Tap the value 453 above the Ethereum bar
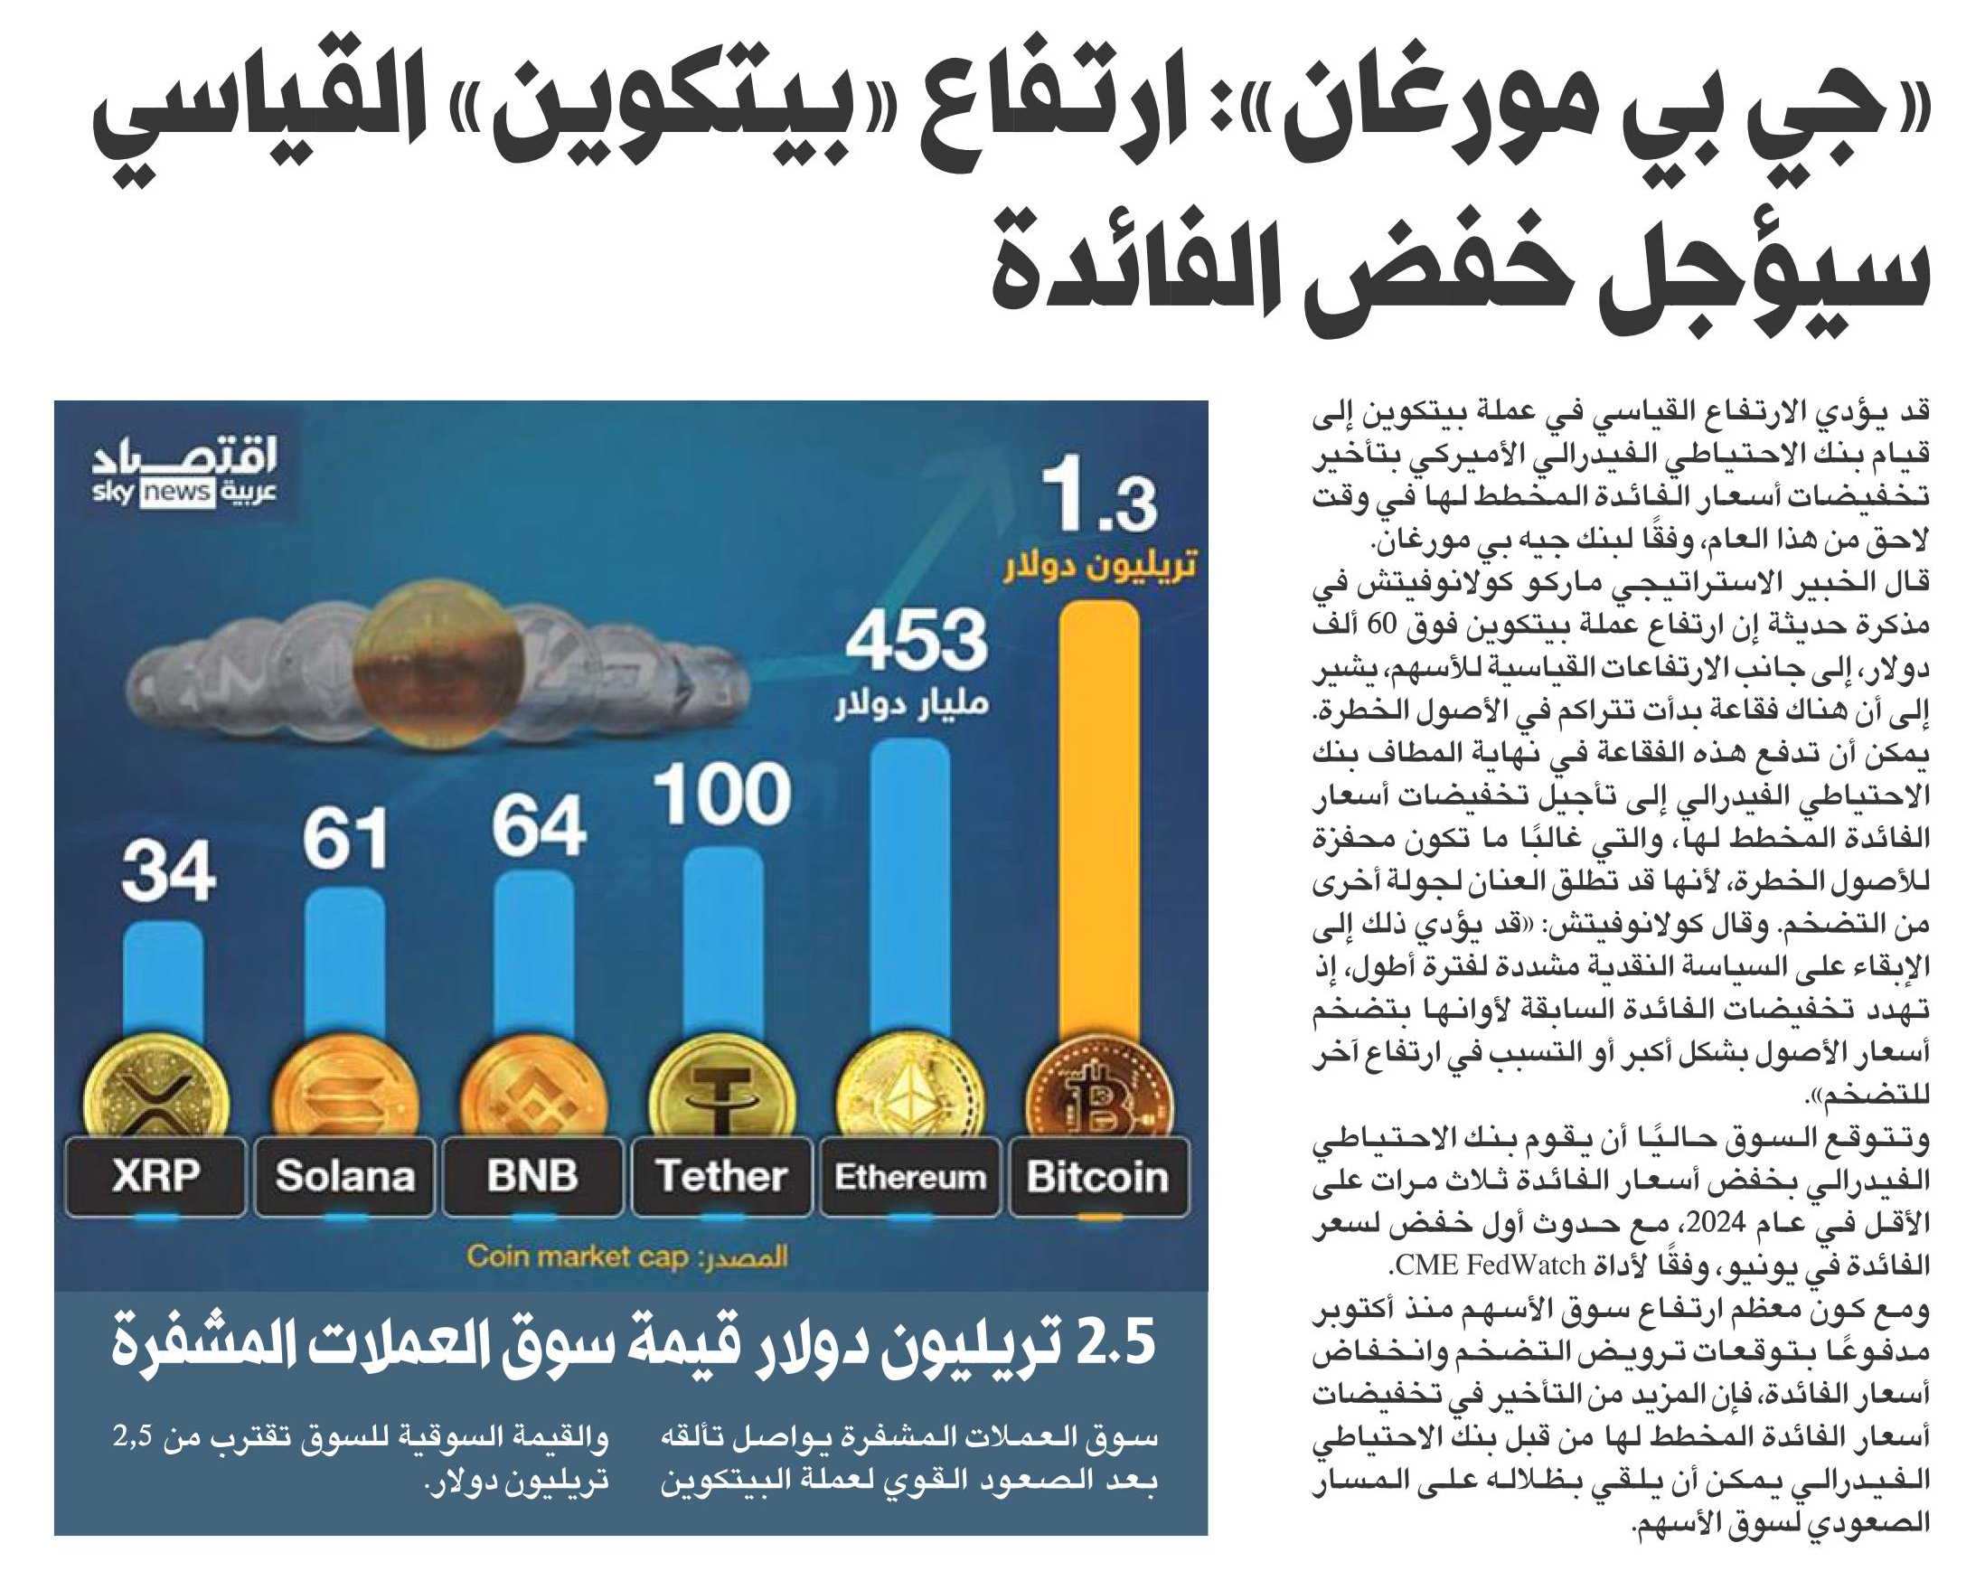pyautogui.click(x=915, y=640)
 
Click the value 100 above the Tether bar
pyautogui.click(x=723, y=794)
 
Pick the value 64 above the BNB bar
pyautogui.click(x=538, y=825)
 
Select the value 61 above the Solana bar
pyautogui.click(x=344, y=839)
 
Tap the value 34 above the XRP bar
pyautogui.click(x=168, y=871)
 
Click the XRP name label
pyautogui.click(x=155, y=1176)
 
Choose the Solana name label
pyautogui.click(x=344, y=1176)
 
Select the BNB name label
pyautogui.click(x=533, y=1176)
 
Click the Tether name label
pyautogui.click(x=722, y=1176)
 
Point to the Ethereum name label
pyautogui.click(x=910, y=1176)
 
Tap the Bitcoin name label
pyautogui.click(x=1098, y=1176)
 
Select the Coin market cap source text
pyautogui.click(x=578, y=1256)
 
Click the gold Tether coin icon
pyautogui.click(x=723, y=1091)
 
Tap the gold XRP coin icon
pyautogui.click(x=155, y=1091)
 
